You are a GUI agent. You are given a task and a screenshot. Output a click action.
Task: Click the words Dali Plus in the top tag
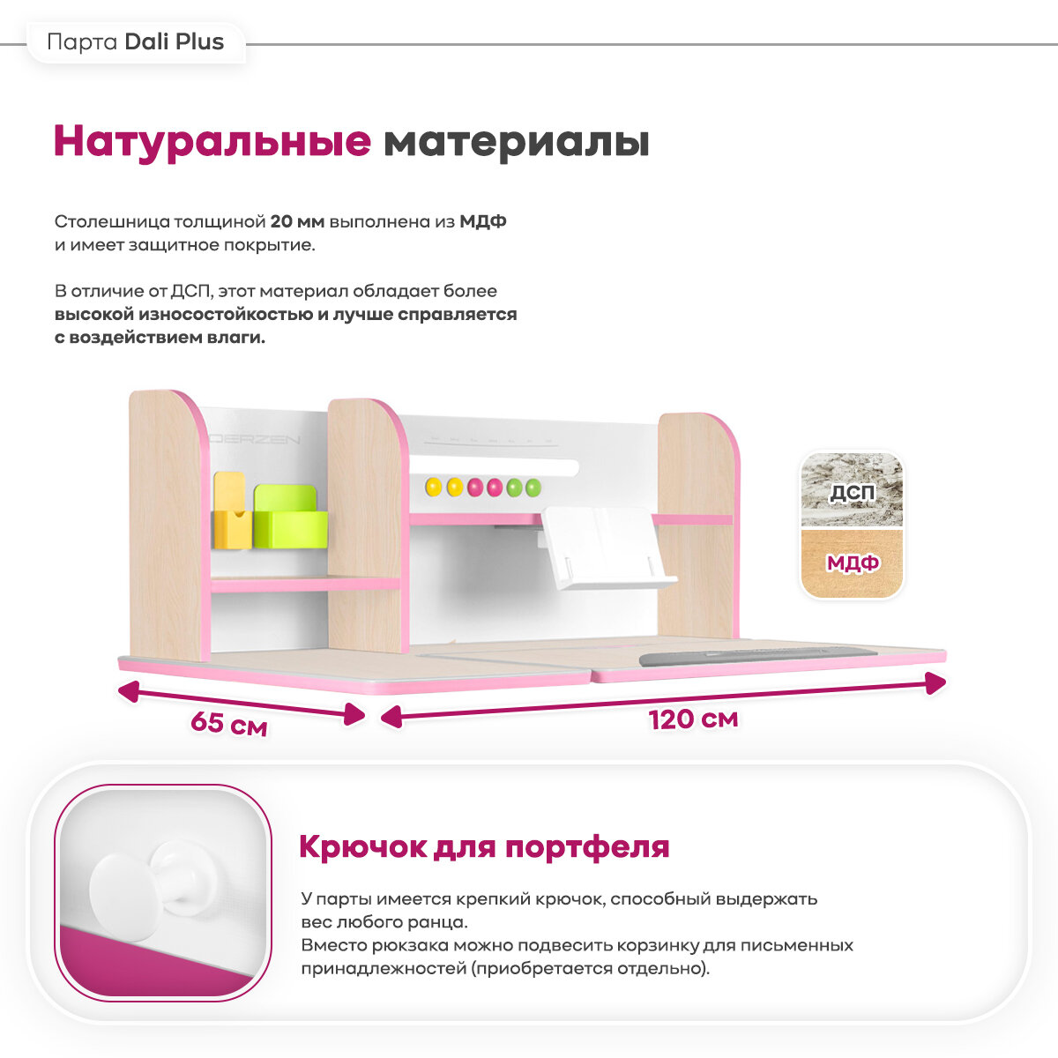click(x=175, y=42)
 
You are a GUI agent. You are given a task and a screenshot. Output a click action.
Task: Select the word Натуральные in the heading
click(x=212, y=141)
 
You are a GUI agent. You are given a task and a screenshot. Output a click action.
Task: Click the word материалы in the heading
click(x=517, y=141)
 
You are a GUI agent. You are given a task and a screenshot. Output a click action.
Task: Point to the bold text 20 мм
click(x=297, y=221)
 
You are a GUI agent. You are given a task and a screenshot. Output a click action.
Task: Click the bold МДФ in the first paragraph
click(x=483, y=221)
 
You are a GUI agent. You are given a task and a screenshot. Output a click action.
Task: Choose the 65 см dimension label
click(x=228, y=725)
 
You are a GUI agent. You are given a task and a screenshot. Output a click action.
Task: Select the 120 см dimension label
click(x=693, y=719)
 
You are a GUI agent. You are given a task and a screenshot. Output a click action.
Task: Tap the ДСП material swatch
click(x=852, y=491)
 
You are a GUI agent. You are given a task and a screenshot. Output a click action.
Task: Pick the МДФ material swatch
click(x=852, y=563)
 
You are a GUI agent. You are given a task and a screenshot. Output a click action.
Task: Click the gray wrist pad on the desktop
click(x=756, y=658)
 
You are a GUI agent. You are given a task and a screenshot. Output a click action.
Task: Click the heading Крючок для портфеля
click(x=484, y=847)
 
